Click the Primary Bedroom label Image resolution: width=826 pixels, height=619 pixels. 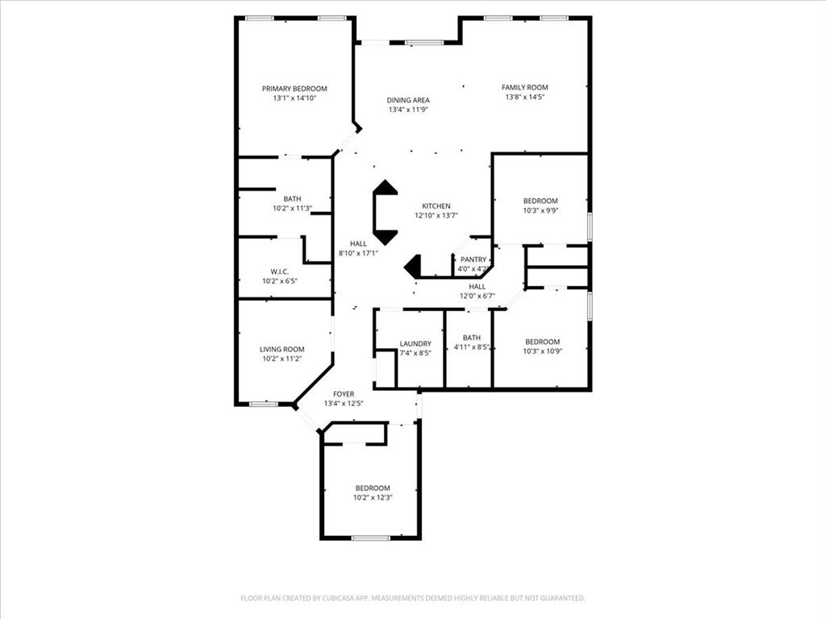[x=294, y=89]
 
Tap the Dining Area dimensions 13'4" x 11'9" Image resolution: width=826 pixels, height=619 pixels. [x=408, y=110]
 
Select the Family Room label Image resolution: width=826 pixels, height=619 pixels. [x=525, y=87]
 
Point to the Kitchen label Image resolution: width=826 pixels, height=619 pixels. [x=436, y=206]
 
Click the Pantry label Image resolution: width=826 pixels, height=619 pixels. [x=473, y=260]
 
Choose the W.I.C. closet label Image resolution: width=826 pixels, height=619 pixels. [x=280, y=271]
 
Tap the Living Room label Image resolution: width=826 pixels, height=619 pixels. [x=282, y=349]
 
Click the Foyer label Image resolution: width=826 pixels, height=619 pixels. [x=343, y=393]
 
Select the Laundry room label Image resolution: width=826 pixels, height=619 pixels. [x=415, y=343]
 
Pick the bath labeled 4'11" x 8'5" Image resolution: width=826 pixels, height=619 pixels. [x=472, y=343]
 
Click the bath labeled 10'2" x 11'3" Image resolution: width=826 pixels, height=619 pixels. [x=291, y=203]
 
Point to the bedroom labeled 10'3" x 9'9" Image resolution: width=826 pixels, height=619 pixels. [x=540, y=206]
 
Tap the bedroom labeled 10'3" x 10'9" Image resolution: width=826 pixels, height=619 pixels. [x=541, y=345]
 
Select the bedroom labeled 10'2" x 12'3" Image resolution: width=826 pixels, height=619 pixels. [x=372, y=492]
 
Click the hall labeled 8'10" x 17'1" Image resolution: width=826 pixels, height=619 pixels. [x=358, y=248]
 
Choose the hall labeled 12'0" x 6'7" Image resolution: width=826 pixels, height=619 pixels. [x=478, y=291]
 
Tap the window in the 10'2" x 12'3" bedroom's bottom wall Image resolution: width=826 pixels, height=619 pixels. [x=371, y=538]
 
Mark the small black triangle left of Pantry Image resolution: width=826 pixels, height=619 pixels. [x=413, y=265]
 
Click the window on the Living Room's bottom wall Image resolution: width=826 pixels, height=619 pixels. [x=263, y=403]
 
